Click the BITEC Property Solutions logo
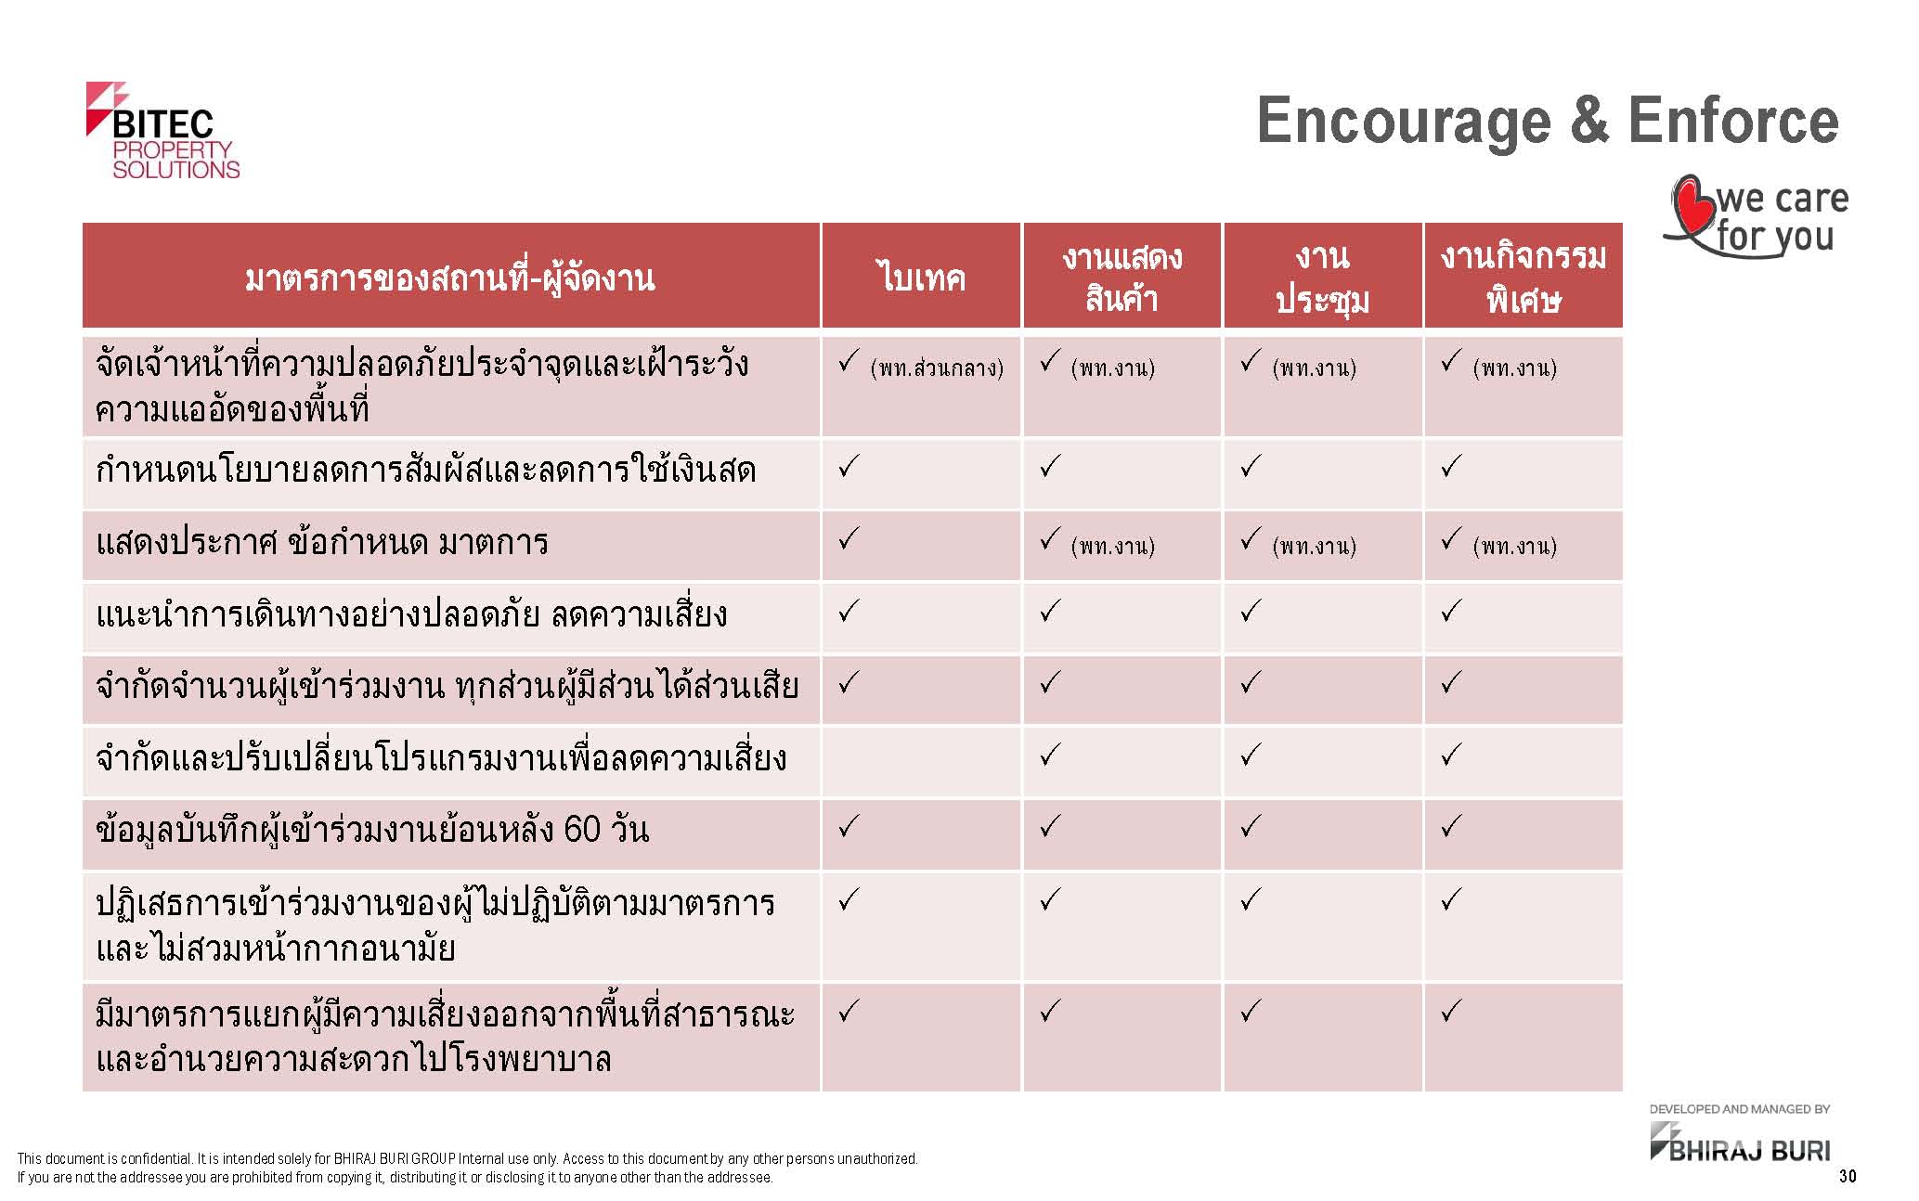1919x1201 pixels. (x=162, y=131)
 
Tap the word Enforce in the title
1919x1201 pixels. (x=1733, y=121)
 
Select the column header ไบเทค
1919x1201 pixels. (x=921, y=278)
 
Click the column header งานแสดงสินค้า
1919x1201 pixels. (x=1122, y=277)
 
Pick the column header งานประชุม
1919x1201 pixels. (x=1322, y=277)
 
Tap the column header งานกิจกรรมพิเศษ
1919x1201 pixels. (x=1524, y=277)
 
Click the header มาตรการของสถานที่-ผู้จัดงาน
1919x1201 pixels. (x=450, y=278)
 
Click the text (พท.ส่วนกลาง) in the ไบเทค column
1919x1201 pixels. (x=937, y=368)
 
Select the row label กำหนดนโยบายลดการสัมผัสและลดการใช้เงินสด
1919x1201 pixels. (x=425, y=470)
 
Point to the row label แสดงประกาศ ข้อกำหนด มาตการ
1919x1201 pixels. (x=322, y=542)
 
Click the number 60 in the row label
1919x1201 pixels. (x=582, y=829)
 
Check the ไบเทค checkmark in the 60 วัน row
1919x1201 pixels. (x=849, y=826)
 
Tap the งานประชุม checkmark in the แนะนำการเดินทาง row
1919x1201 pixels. (x=1251, y=611)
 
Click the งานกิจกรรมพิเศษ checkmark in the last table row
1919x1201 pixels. (x=1451, y=1010)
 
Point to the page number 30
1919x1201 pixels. (x=1848, y=1177)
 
